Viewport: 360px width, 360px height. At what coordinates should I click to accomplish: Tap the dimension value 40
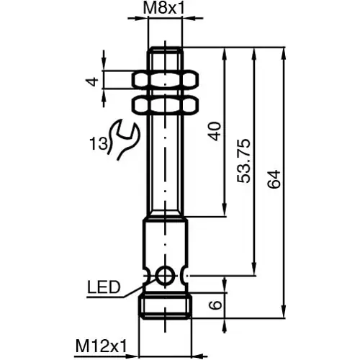(x=214, y=132)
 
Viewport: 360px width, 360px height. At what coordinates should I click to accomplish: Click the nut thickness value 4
(x=91, y=81)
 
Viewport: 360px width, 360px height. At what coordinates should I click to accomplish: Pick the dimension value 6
(x=215, y=305)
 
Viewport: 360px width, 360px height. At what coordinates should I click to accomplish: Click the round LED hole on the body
(x=166, y=275)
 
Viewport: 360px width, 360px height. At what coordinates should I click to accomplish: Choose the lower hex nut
(x=166, y=105)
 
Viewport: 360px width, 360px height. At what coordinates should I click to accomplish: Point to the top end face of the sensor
(x=166, y=48)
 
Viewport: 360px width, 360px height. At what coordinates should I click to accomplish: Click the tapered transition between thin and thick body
(x=166, y=218)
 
